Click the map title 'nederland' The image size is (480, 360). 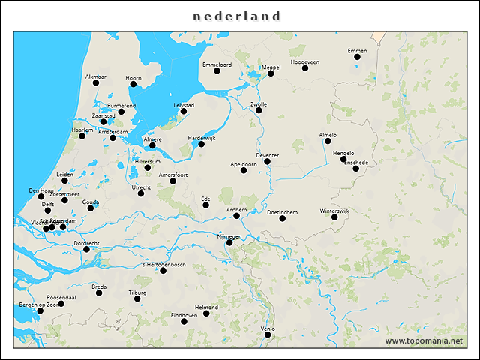(x=236, y=16)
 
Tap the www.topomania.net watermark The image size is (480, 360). (x=424, y=340)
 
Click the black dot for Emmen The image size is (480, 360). (x=358, y=57)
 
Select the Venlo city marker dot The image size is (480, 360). (x=268, y=334)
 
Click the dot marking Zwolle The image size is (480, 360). (x=259, y=110)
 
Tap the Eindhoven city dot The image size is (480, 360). (x=184, y=321)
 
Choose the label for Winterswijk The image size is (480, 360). (x=334, y=211)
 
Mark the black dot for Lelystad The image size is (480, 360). (x=184, y=111)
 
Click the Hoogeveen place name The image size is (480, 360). (x=304, y=61)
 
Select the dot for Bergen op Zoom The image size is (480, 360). (x=40, y=311)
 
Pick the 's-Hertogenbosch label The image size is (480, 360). (x=163, y=264)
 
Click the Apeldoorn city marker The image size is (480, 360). (x=244, y=170)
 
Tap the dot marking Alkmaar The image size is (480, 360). (x=96, y=82)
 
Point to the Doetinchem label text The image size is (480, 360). (x=282, y=212)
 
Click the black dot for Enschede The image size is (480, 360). (x=356, y=169)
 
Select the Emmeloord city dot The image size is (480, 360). (x=217, y=70)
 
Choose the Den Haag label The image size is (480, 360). (x=40, y=190)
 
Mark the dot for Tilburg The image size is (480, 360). (x=137, y=298)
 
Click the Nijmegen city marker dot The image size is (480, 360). (x=229, y=242)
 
